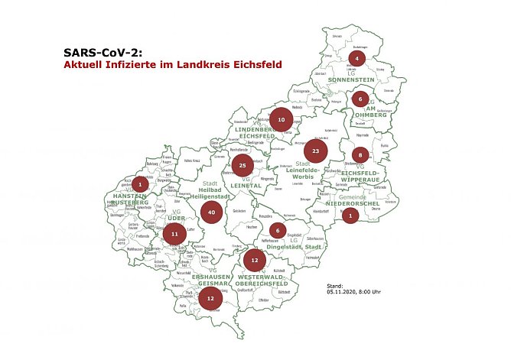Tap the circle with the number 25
pyautogui.click(x=242, y=164)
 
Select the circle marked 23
pyautogui.click(x=316, y=151)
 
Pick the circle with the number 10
pyautogui.click(x=281, y=120)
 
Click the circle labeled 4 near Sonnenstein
pyautogui.click(x=357, y=58)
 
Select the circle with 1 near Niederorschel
pyautogui.click(x=350, y=216)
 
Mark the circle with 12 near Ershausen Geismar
pyautogui.click(x=210, y=298)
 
